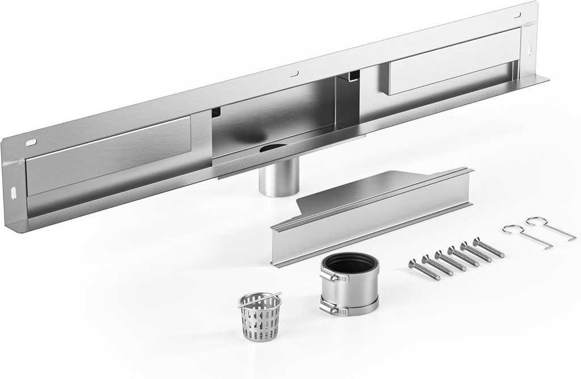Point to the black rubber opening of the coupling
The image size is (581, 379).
click(x=350, y=264)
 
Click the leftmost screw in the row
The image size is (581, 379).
click(x=424, y=269)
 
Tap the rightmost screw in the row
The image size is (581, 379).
click(x=489, y=248)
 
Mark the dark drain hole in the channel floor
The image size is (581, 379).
click(x=273, y=148)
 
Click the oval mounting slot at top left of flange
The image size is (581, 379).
click(x=31, y=142)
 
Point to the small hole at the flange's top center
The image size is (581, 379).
click(x=294, y=73)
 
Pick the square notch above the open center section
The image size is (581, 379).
click(x=353, y=76)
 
